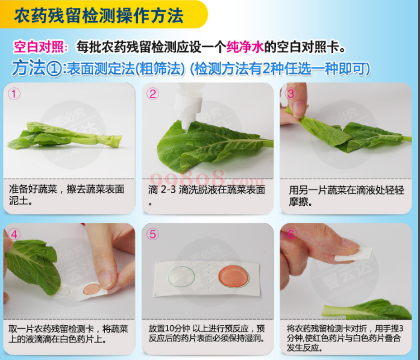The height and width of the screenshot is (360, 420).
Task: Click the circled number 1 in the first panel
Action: [14, 94]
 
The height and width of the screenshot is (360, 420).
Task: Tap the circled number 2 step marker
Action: [152, 94]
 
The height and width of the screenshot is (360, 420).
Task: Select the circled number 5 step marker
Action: [152, 234]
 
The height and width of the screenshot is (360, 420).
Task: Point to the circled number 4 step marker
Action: [14, 234]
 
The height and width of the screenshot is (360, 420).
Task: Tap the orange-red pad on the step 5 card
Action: [234, 276]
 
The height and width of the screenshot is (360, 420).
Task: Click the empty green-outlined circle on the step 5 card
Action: [181, 277]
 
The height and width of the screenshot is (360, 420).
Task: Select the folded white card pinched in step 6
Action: [354, 254]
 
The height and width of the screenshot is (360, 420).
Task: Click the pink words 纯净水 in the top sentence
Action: [245, 48]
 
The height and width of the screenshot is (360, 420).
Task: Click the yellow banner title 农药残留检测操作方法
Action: [99, 16]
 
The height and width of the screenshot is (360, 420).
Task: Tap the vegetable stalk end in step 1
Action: [116, 141]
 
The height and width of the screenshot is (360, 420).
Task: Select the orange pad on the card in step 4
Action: [92, 289]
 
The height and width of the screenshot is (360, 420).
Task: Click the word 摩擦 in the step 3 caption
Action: [299, 202]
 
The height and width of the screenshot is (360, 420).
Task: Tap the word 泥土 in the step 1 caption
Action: [19, 200]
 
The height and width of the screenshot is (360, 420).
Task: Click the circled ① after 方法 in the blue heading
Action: [55, 69]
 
